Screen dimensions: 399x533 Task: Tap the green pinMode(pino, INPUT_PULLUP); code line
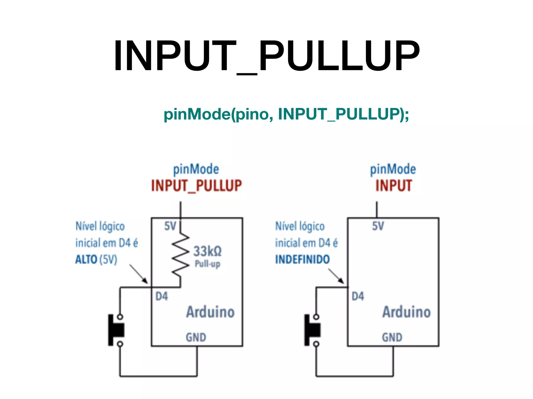click(x=286, y=114)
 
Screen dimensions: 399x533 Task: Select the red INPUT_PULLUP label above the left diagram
click(x=196, y=186)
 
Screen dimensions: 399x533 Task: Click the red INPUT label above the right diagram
click(x=394, y=186)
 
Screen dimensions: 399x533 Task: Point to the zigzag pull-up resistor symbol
click(x=180, y=255)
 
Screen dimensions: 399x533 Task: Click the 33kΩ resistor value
click(x=207, y=251)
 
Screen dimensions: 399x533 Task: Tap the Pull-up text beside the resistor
click(x=207, y=264)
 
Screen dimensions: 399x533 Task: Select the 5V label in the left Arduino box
click(x=170, y=226)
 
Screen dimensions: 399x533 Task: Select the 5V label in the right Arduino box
click(x=378, y=226)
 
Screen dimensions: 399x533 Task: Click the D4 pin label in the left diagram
click(x=162, y=296)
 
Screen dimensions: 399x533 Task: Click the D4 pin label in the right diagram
click(x=358, y=296)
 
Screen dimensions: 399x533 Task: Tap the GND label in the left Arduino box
click(x=196, y=337)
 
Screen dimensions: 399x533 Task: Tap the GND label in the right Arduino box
click(x=392, y=337)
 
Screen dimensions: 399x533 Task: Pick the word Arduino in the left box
click(x=210, y=312)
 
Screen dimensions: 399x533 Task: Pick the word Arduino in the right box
click(x=407, y=312)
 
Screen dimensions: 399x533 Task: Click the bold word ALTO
click(x=86, y=260)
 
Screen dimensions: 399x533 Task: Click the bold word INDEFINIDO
click(x=302, y=260)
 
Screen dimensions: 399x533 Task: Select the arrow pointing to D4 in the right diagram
click(x=336, y=276)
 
